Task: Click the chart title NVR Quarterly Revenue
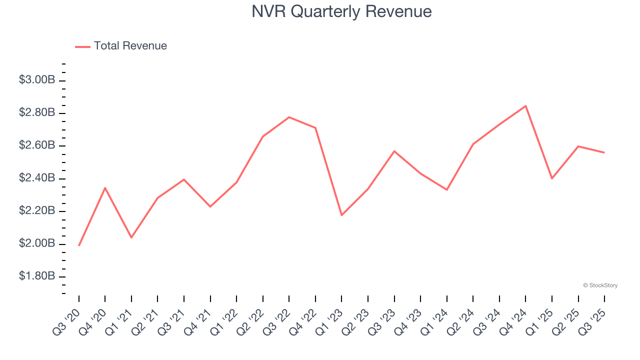click(341, 11)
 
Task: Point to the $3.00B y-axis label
click(36, 80)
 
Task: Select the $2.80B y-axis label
click(36, 112)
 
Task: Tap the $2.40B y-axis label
click(36, 178)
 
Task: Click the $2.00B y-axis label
click(36, 243)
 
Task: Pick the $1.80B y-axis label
click(36, 276)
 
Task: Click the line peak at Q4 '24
click(525, 106)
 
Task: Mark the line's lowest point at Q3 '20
click(79, 245)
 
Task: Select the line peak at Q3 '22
click(289, 117)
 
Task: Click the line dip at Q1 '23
click(341, 215)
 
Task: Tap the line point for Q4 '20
click(105, 187)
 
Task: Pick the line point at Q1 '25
click(552, 178)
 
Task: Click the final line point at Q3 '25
click(604, 152)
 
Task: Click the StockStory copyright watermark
click(600, 285)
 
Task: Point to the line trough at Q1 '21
click(131, 237)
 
